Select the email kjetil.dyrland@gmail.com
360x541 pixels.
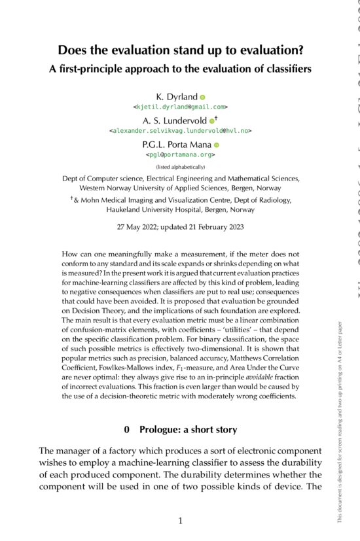point(180,106)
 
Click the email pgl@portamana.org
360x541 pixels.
point(180,154)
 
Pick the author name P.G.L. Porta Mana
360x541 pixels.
point(175,145)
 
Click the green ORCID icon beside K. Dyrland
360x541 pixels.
point(202,97)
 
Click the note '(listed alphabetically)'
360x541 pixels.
point(180,167)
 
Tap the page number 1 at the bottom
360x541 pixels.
point(180,521)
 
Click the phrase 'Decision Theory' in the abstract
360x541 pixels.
point(90,328)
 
